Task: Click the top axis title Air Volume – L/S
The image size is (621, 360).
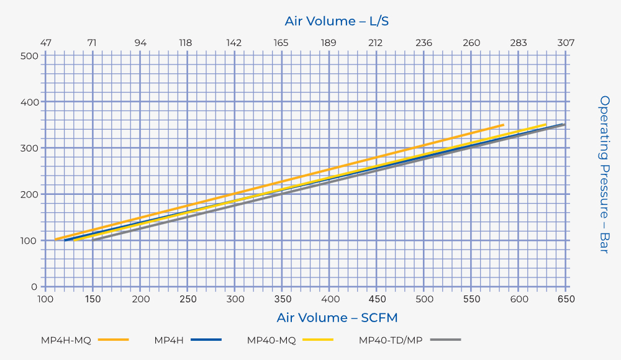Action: (x=337, y=21)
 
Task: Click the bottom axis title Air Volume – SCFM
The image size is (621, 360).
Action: (x=337, y=318)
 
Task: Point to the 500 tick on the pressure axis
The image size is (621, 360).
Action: (x=30, y=56)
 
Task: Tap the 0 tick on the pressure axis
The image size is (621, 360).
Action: (x=35, y=287)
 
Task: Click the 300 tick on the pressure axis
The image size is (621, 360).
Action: (x=30, y=148)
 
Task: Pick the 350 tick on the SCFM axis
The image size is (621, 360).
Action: (x=282, y=299)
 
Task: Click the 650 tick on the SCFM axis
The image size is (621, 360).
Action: (x=566, y=299)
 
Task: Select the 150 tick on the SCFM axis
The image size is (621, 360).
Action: (x=93, y=299)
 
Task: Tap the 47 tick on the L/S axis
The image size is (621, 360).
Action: (x=45, y=43)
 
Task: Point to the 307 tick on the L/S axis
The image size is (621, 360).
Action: (x=566, y=43)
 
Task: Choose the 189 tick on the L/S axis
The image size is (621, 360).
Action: (x=329, y=43)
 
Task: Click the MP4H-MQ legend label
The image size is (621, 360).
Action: (x=66, y=340)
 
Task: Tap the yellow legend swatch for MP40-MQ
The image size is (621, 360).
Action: (x=317, y=340)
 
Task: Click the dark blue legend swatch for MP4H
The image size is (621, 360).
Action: (x=206, y=340)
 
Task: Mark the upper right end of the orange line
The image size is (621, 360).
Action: (x=503, y=125)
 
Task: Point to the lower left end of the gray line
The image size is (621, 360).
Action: (x=94, y=240)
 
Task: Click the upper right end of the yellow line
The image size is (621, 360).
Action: (x=545, y=125)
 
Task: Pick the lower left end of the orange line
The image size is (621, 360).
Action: (x=56, y=239)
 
